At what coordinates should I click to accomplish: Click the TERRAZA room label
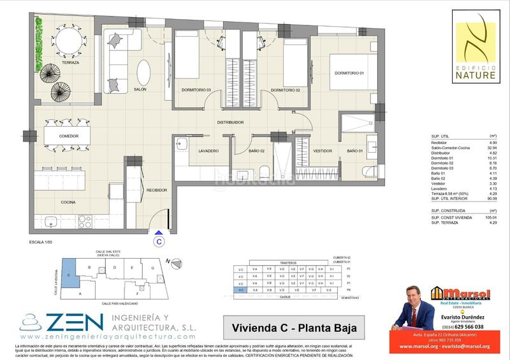click(x=71, y=64)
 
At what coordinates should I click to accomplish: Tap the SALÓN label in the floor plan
click(x=141, y=90)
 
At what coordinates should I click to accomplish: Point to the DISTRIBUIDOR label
click(x=231, y=122)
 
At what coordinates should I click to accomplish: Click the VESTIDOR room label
click(x=323, y=151)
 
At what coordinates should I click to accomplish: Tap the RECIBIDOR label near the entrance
click(x=157, y=190)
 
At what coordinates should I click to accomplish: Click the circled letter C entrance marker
click(x=158, y=241)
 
